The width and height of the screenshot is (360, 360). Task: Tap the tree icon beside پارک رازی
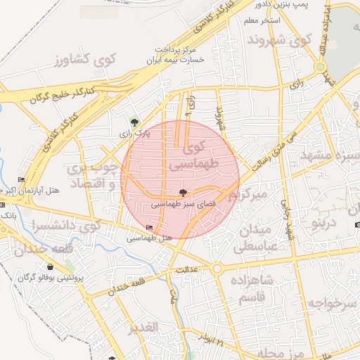pos(134,123)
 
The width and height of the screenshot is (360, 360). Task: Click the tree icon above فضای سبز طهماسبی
pos(183,193)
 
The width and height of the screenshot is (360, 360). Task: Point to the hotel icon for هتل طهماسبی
pos(149,229)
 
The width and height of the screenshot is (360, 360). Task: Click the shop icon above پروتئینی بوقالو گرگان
pos(51,267)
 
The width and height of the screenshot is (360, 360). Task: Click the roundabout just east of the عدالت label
pos(217,268)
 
